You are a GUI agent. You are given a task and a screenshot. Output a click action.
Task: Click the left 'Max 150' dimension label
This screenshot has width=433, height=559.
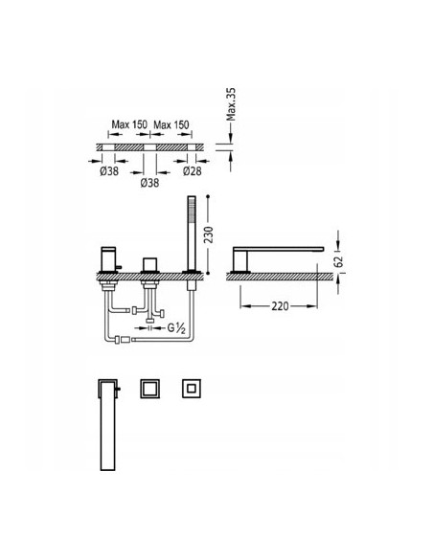pyautogui.click(x=129, y=124)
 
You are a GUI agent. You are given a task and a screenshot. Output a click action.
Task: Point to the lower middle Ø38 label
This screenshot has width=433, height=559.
pyautogui.click(x=150, y=182)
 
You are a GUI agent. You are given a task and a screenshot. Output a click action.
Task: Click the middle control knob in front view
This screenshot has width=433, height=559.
pyautogui.click(x=149, y=265)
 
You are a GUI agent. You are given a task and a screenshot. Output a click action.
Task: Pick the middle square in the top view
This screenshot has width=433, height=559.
pyautogui.click(x=149, y=389)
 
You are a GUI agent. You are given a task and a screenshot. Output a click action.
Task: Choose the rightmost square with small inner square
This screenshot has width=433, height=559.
pyautogui.click(x=191, y=389)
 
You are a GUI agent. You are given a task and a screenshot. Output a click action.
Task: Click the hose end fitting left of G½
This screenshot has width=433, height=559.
pyautogui.click(x=117, y=339)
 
